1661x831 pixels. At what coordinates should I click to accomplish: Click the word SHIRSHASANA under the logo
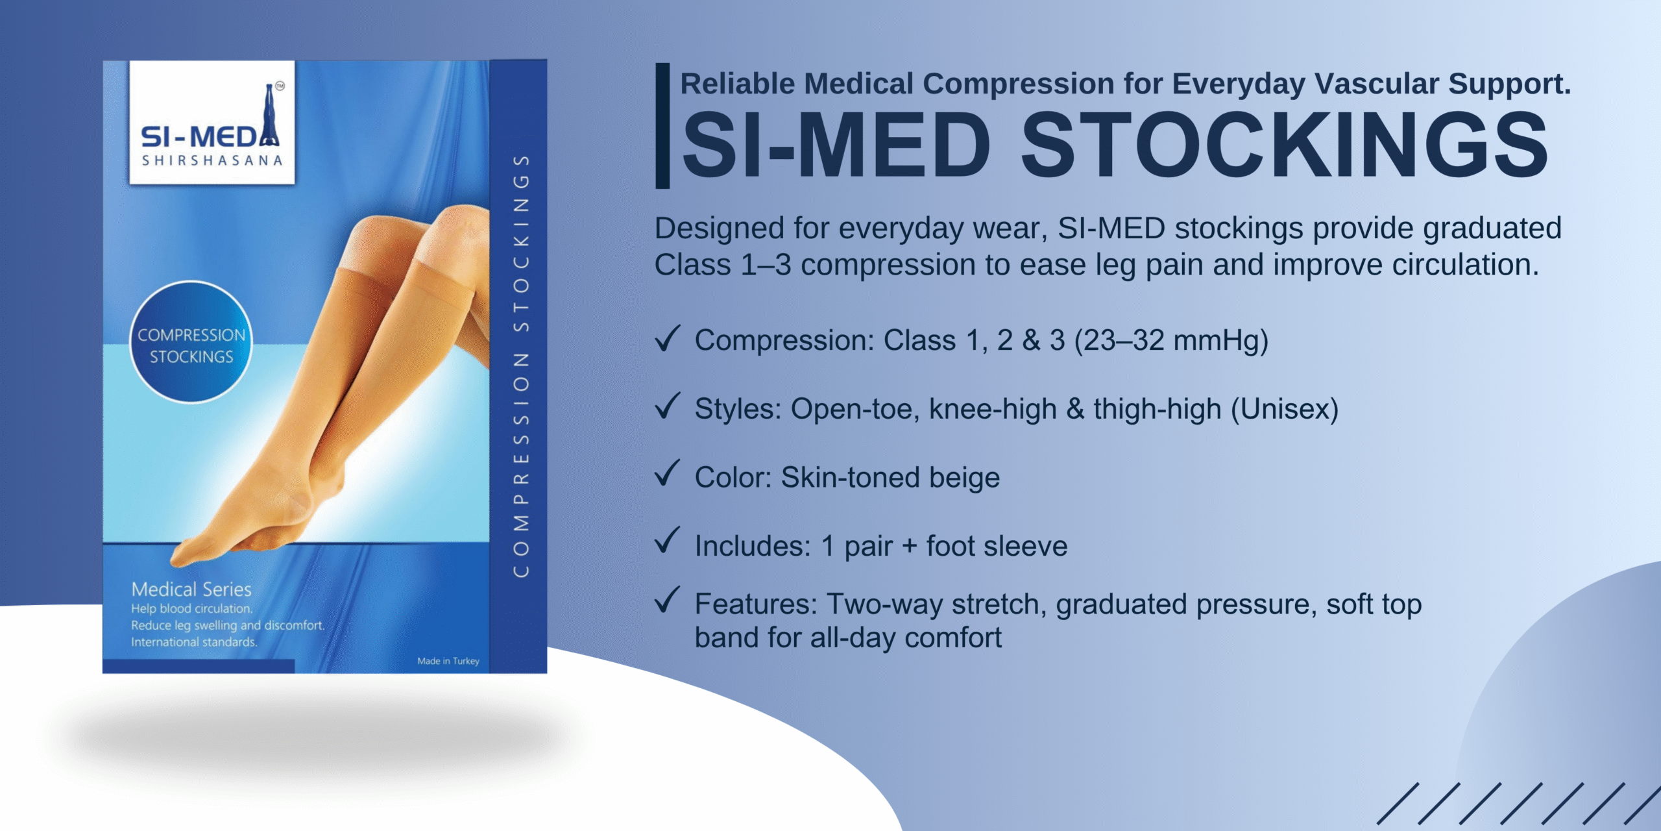point(212,160)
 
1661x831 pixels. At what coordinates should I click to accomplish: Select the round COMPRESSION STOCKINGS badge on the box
point(191,342)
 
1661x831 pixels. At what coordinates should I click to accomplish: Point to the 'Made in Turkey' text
point(448,661)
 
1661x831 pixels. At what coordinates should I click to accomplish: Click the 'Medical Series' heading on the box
point(191,589)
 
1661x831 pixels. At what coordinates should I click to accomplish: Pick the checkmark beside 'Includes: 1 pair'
point(667,540)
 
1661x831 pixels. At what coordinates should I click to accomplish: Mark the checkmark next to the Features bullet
point(667,600)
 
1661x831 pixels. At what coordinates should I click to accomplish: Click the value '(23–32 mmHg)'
point(1171,341)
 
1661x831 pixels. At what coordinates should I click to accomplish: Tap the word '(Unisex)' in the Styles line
point(1285,410)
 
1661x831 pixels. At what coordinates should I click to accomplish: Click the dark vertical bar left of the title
point(662,126)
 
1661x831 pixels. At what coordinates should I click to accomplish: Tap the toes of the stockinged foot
point(188,553)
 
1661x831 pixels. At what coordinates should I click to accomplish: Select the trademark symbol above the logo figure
point(280,86)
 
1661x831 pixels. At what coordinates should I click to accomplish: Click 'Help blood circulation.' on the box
point(191,609)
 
